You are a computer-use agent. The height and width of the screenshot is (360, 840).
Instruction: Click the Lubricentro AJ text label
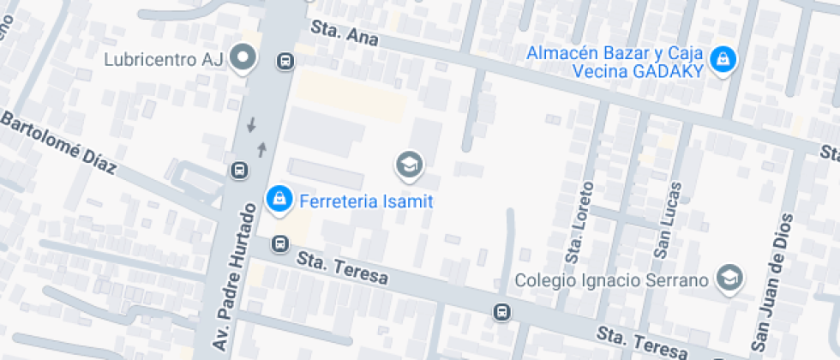(163, 60)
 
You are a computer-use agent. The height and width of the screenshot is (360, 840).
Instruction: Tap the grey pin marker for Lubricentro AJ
(245, 57)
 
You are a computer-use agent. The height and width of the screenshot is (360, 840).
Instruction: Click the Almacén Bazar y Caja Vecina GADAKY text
(615, 63)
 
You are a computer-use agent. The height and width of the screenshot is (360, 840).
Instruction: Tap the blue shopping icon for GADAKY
(724, 59)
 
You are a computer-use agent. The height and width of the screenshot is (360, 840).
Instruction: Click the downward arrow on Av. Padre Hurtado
(251, 125)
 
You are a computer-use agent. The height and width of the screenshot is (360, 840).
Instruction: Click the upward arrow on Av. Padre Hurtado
(261, 149)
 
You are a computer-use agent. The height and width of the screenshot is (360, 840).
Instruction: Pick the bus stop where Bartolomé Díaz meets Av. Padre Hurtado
(239, 171)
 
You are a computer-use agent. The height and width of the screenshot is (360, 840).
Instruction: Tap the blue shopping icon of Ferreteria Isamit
(278, 200)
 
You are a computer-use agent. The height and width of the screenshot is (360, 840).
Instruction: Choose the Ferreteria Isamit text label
(366, 202)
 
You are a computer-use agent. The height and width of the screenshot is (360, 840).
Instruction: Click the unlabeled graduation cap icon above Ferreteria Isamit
(409, 163)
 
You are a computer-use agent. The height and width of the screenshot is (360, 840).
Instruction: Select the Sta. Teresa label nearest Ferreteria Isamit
(342, 267)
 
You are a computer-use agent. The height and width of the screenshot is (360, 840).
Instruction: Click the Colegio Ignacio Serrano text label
(612, 280)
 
